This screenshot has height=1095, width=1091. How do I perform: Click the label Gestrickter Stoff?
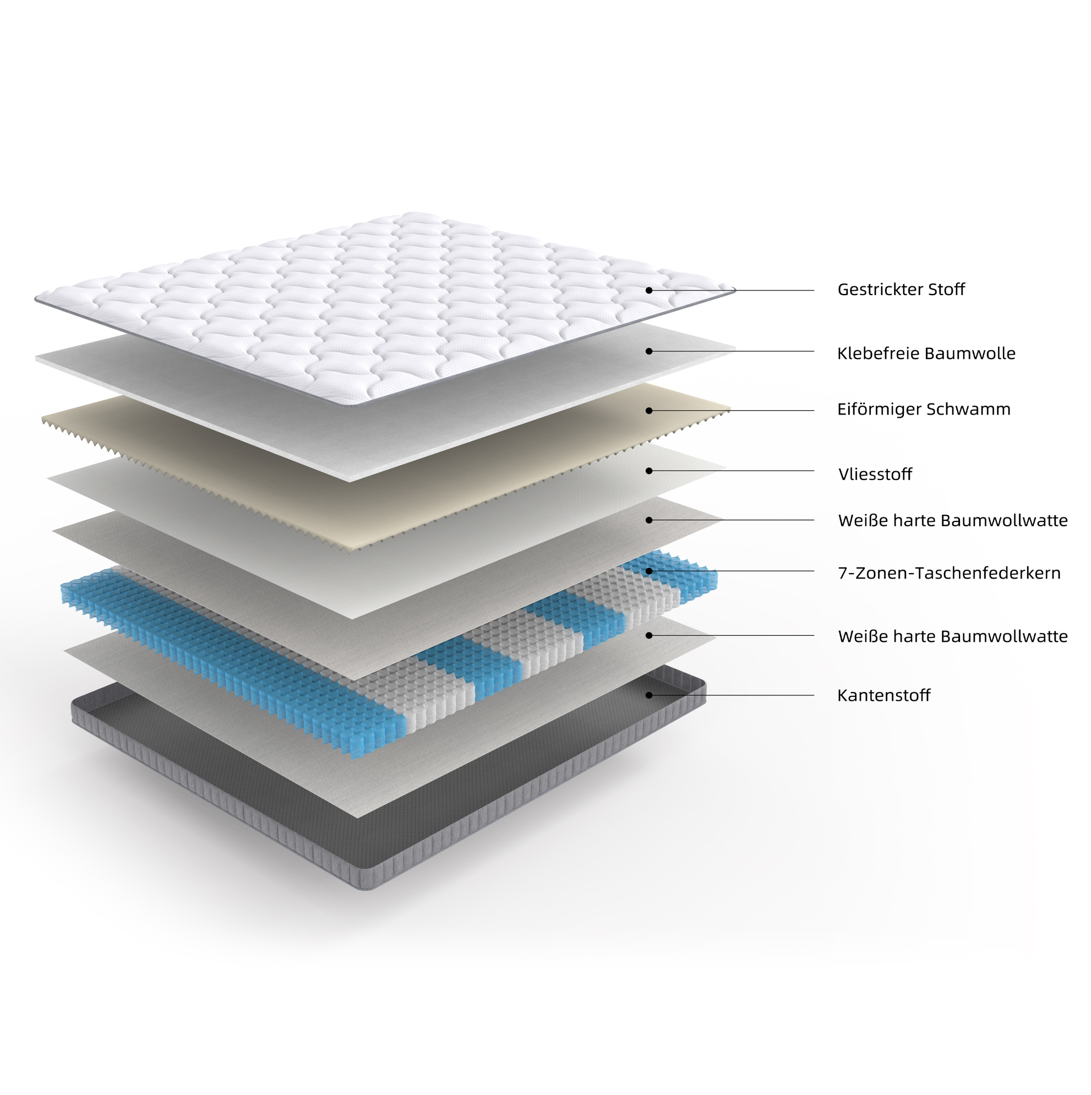coord(901,290)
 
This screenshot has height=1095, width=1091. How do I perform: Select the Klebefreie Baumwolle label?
coord(926,353)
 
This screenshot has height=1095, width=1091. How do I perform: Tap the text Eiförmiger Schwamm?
coord(924,409)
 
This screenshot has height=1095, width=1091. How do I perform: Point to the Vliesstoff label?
coord(875,474)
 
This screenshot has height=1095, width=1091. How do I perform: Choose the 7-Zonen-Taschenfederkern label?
coord(950,573)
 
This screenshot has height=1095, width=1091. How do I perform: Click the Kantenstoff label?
coord(883,695)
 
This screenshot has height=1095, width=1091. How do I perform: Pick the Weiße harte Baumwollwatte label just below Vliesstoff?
coord(953,520)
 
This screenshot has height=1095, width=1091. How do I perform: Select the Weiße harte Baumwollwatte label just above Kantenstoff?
coord(953,636)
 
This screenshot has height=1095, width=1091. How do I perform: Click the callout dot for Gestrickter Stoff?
coord(649,290)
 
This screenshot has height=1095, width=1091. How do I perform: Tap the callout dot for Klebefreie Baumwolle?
coord(649,351)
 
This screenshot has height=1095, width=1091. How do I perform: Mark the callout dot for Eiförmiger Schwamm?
coord(649,410)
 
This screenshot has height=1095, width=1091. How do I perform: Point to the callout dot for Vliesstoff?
coord(649,471)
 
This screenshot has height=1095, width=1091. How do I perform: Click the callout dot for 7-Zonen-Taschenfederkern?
coord(649,571)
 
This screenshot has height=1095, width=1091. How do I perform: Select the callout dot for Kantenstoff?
coord(649,695)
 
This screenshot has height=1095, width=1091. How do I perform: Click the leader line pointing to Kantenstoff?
coord(732,695)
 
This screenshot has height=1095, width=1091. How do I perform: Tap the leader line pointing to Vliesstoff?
coord(732,471)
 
